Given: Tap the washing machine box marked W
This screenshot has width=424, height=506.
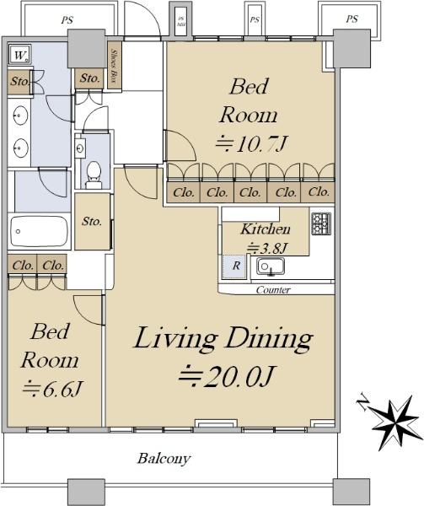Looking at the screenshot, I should coord(20,57).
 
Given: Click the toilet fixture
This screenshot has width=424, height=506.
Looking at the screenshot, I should coord(94,172).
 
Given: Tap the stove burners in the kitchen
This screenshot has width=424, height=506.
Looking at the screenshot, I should coord(321,223).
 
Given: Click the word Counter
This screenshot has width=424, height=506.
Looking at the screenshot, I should coord(272,290).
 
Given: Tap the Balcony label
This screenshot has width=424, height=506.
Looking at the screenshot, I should coord(164,460).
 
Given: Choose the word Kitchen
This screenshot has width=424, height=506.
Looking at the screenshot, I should coord(266,229).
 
